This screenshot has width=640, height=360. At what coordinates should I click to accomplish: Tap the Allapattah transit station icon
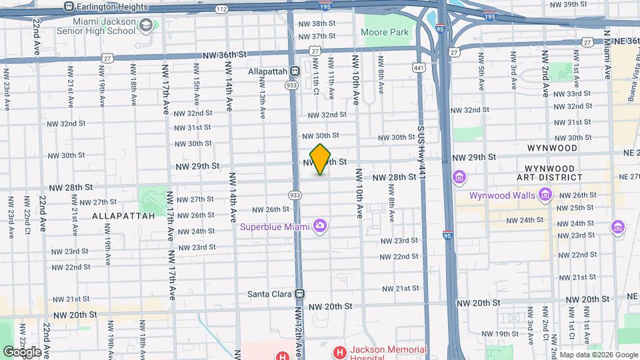pyautogui.click(x=295, y=71)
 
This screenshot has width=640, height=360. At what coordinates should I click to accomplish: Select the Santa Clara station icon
pyautogui.click(x=301, y=293)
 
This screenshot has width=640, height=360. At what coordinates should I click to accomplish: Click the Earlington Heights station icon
pyautogui.click(x=69, y=6)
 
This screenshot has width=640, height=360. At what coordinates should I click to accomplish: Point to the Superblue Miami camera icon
pyautogui.click(x=320, y=226)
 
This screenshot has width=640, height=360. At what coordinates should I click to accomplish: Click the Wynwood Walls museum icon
pyautogui.click(x=545, y=195)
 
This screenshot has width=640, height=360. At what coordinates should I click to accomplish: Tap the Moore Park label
pyautogui.click(x=384, y=32)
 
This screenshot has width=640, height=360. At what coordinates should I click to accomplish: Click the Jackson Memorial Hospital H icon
pyautogui.click(x=339, y=351)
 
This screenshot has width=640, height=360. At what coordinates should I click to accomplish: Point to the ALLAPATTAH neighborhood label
pyautogui.click(x=123, y=215)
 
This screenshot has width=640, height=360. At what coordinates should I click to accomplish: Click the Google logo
pyautogui.click(x=21, y=351)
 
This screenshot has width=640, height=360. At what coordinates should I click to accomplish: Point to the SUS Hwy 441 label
pyautogui.click(x=421, y=147)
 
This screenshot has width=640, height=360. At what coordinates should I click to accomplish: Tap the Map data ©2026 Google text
pyautogui.click(x=598, y=355)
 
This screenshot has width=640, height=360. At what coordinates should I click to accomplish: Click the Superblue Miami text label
pyautogui.click(x=275, y=227)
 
